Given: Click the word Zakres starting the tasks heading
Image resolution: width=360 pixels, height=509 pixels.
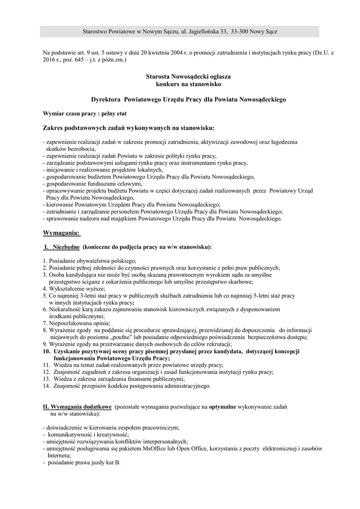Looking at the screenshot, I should pos(55,128).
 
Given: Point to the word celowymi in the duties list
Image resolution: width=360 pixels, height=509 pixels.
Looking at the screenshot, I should pos(115,184).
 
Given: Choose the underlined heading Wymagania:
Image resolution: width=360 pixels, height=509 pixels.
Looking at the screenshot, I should pos(61,233).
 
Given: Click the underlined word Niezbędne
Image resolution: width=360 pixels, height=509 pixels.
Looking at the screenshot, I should pos(66,247).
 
